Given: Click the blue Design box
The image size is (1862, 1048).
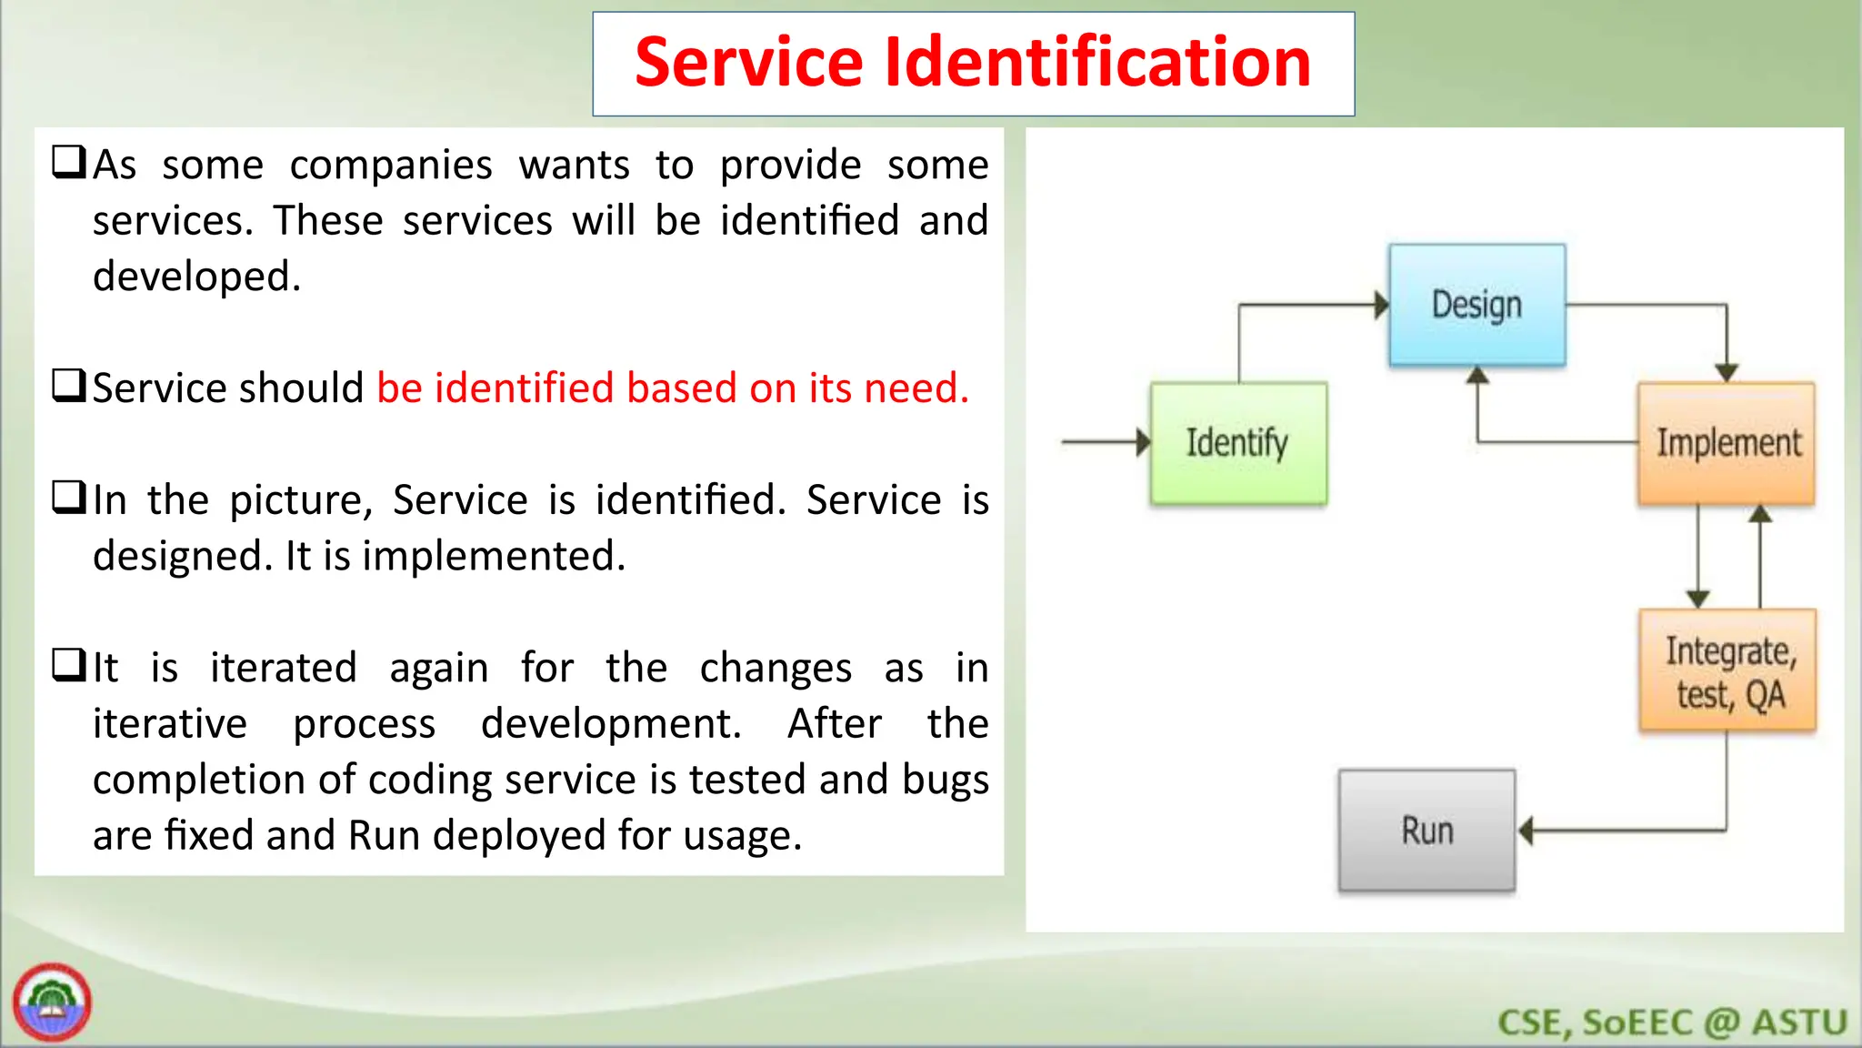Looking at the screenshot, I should (1477, 305).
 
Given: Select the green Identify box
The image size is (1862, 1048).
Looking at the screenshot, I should (1237, 443).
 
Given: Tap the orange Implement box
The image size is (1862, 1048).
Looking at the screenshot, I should (1726, 443).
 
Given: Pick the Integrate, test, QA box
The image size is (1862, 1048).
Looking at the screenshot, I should (1727, 671).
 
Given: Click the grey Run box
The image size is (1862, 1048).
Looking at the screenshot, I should (1427, 831).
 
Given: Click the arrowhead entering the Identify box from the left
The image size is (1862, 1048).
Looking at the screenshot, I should (1143, 442).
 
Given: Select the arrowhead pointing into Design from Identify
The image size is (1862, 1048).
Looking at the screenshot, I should (1381, 305).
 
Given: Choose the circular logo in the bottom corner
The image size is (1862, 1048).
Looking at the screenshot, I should (52, 1003).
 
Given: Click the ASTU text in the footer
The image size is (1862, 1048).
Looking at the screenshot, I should (1799, 1023).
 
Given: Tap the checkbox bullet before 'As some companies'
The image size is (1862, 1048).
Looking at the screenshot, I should (69, 163).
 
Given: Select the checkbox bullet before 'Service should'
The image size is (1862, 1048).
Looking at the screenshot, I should (69, 386).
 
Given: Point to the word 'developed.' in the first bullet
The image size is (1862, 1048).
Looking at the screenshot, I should (196, 277).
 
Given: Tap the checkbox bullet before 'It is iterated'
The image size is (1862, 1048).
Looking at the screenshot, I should (69, 665).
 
